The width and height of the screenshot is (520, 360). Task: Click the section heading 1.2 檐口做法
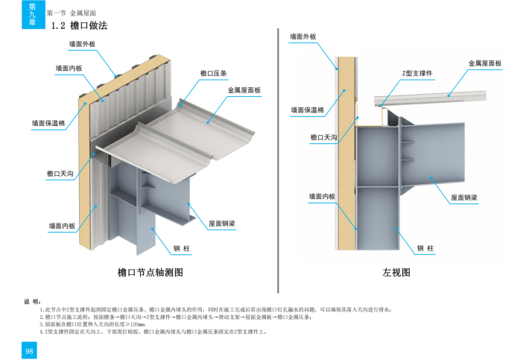(79, 26)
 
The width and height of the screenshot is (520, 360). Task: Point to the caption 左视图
(396, 273)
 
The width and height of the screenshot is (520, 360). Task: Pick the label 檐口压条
(213, 74)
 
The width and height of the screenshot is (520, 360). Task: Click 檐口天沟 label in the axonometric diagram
(60, 174)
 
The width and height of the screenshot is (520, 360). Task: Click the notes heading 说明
(31, 301)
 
